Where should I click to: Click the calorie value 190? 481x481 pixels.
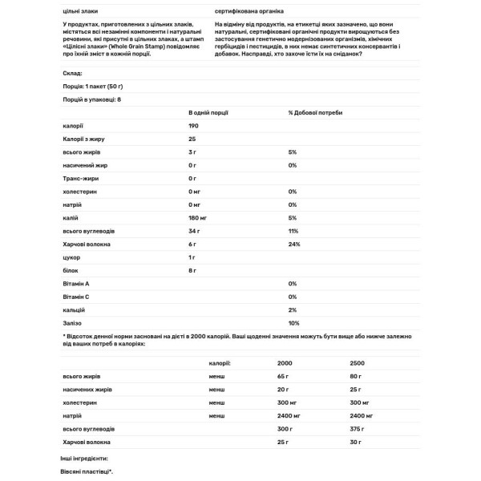pyautogui.click(x=194, y=126)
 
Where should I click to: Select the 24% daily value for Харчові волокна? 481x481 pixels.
pyautogui.click(x=293, y=244)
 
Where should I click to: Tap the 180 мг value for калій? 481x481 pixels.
pyautogui.click(x=199, y=217)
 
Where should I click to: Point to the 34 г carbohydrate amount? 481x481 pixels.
pyautogui.click(x=194, y=231)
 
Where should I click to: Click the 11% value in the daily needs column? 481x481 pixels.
pyautogui.click(x=293, y=231)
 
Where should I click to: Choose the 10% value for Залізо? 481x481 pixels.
pyautogui.click(x=293, y=323)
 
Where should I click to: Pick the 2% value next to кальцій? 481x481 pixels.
pyautogui.click(x=293, y=309)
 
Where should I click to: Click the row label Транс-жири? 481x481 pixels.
pyautogui.click(x=79, y=178)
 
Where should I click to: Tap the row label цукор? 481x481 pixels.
pyautogui.click(x=71, y=257)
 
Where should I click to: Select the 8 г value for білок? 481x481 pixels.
pyautogui.click(x=192, y=270)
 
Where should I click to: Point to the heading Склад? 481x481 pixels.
pyautogui.click(x=72, y=73)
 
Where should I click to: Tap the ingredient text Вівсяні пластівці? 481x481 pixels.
pyautogui.click(x=87, y=472)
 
